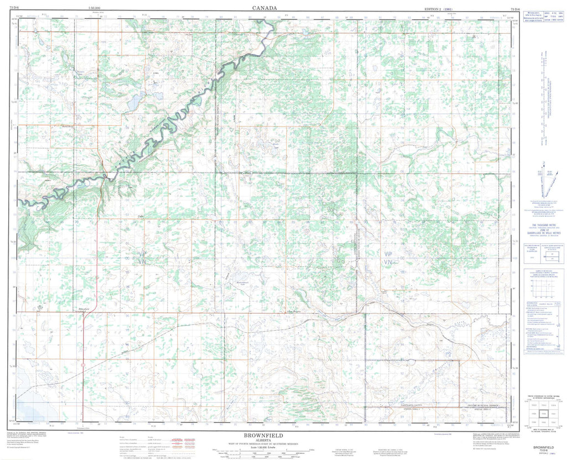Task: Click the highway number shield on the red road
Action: click(x=83, y=366)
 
